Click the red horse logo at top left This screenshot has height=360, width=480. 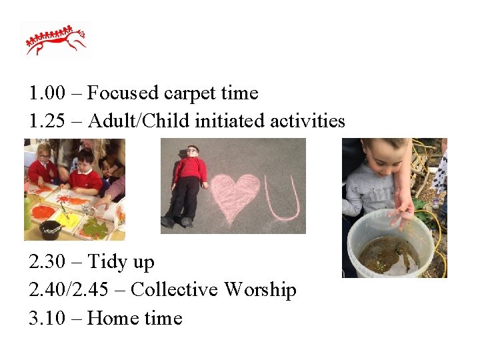(56, 41)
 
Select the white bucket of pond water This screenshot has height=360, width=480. (391, 244)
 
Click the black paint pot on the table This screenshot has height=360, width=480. (51, 230)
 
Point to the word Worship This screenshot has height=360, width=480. (260, 290)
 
